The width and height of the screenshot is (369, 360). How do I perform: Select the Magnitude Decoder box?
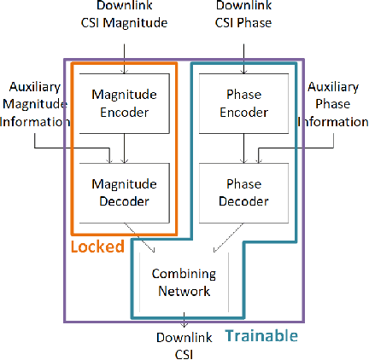[124, 193]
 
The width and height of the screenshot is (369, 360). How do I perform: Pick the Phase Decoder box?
[244, 193]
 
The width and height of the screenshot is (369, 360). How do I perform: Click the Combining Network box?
[184, 282]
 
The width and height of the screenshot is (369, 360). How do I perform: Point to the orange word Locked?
[97, 247]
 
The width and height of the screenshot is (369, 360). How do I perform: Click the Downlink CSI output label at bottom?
[184, 345]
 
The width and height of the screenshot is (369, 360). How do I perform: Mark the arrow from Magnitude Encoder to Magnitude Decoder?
[124, 150]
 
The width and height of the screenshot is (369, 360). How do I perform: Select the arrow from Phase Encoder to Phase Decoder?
[244, 150]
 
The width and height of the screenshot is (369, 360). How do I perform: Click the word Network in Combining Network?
[184, 291]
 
